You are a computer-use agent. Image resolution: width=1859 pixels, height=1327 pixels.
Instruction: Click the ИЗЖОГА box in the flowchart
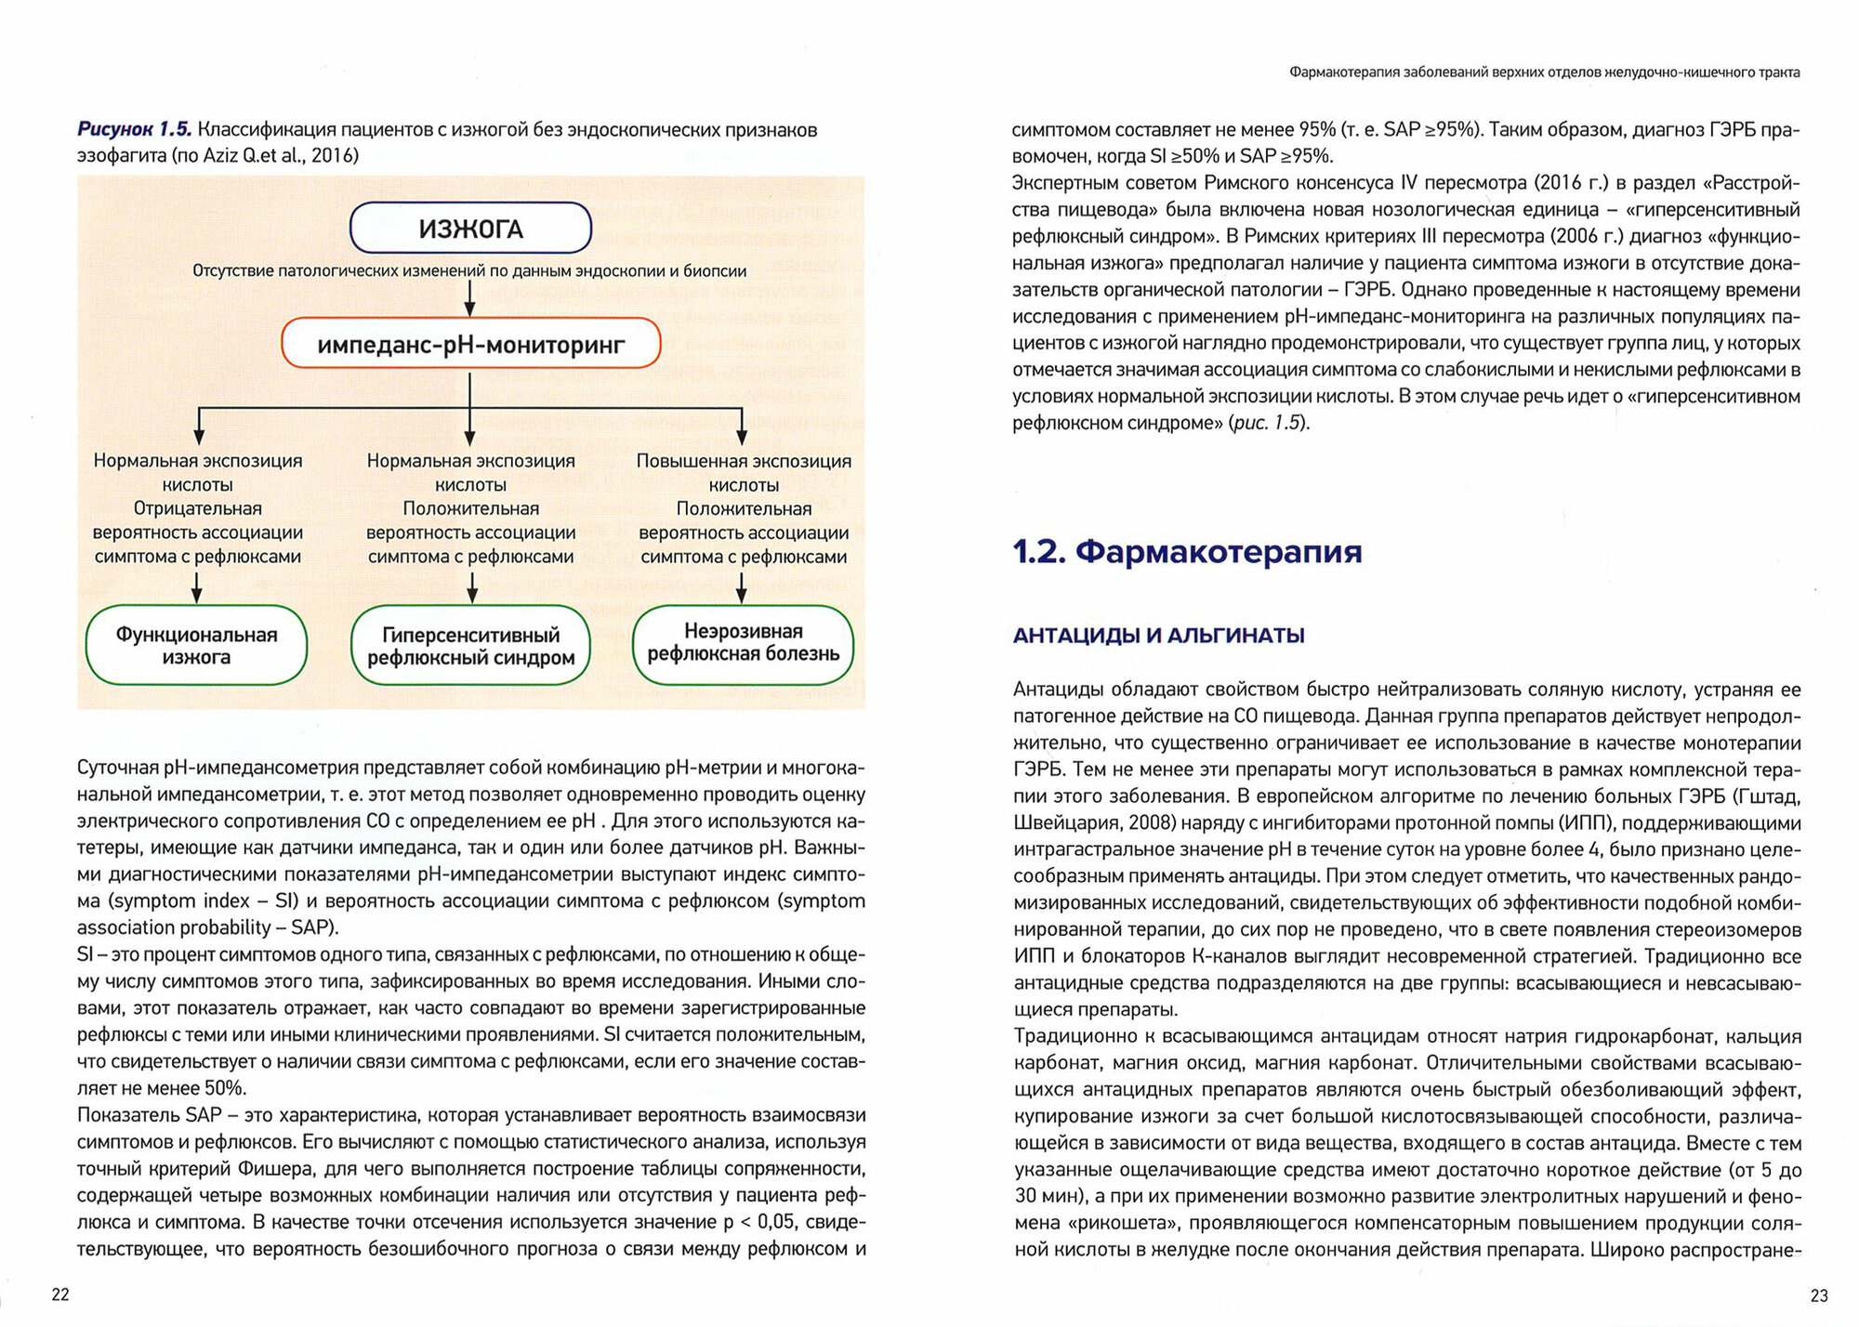(470, 229)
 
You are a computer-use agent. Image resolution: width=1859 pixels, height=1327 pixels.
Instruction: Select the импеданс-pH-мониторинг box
(470, 345)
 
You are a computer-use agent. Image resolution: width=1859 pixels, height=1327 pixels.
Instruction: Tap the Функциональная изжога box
(196, 646)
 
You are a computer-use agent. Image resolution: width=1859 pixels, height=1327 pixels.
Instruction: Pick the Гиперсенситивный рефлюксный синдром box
(470, 646)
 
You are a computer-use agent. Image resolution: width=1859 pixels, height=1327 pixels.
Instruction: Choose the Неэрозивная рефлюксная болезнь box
(743, 643)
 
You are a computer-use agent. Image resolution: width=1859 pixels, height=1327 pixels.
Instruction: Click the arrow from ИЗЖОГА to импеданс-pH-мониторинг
(470, 298)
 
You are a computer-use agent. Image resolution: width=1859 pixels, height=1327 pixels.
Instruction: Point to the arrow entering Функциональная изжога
(196, 587)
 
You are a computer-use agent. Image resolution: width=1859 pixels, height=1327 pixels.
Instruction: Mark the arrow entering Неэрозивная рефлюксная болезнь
(741, 587)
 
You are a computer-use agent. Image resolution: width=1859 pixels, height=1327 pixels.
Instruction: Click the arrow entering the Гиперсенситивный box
(472, 587)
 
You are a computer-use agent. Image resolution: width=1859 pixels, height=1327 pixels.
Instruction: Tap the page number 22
(60, 1294)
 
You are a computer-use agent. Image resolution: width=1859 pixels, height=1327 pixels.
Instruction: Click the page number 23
(1819, 1295)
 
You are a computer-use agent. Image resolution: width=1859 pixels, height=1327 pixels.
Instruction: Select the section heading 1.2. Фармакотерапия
(1187, 552)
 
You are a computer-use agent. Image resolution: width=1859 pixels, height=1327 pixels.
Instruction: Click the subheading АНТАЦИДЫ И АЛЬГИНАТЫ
(1158, 636)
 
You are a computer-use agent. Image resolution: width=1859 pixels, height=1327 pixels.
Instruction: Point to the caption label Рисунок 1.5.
(134, 130)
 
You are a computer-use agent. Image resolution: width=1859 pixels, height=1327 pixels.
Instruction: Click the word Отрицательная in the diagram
(197, 508)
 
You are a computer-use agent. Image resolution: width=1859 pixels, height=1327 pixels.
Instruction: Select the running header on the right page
(1544, 72)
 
